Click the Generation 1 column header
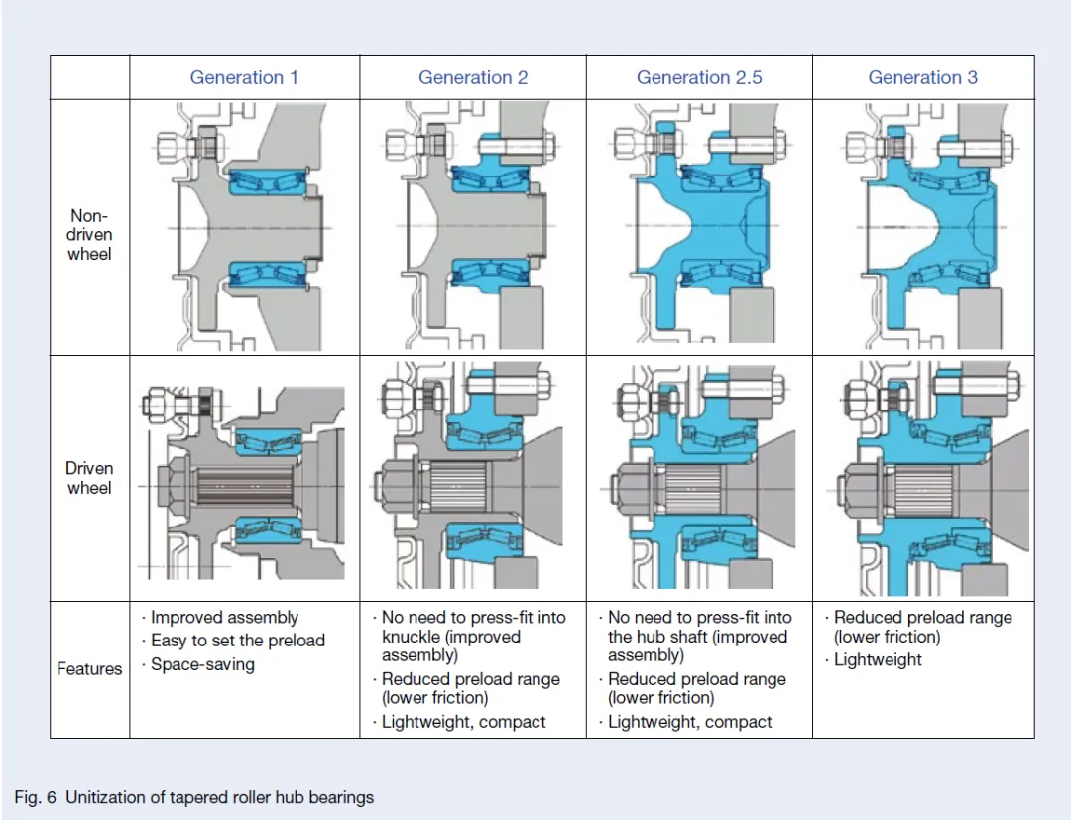pyautogui.click(x=244, y=77)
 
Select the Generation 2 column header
pyautogui.click(x=473, y=77)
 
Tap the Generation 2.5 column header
pyautogui.click(x=699, y=77)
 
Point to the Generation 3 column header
pyautogui.click(x=922, y=77)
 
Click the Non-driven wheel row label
pyautogui.click(x=89, y=235)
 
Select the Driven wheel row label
pyautogui.click(x=89, y=478)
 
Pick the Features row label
pyautogui.click(x=89, y=669)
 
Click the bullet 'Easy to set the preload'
pyautogui.click(x=238, y=642)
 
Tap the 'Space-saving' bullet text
pyautogui.click(x=203, y=664)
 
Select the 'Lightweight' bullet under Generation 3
pyautogui.click(x=878, y=659)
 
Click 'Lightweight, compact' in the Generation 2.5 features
pyautogui.click(x=690, y=722)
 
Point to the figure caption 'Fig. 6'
pyautogui.click(x=35, y=797)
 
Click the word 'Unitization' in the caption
pyautogui.click(x=106, y=797)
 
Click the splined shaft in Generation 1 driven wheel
pyautogui.click(x=245, y=486)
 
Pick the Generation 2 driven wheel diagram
pyautogui.click(x=471, y=476)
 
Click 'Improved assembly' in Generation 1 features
pyautogui.click(x=225, y=617)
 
